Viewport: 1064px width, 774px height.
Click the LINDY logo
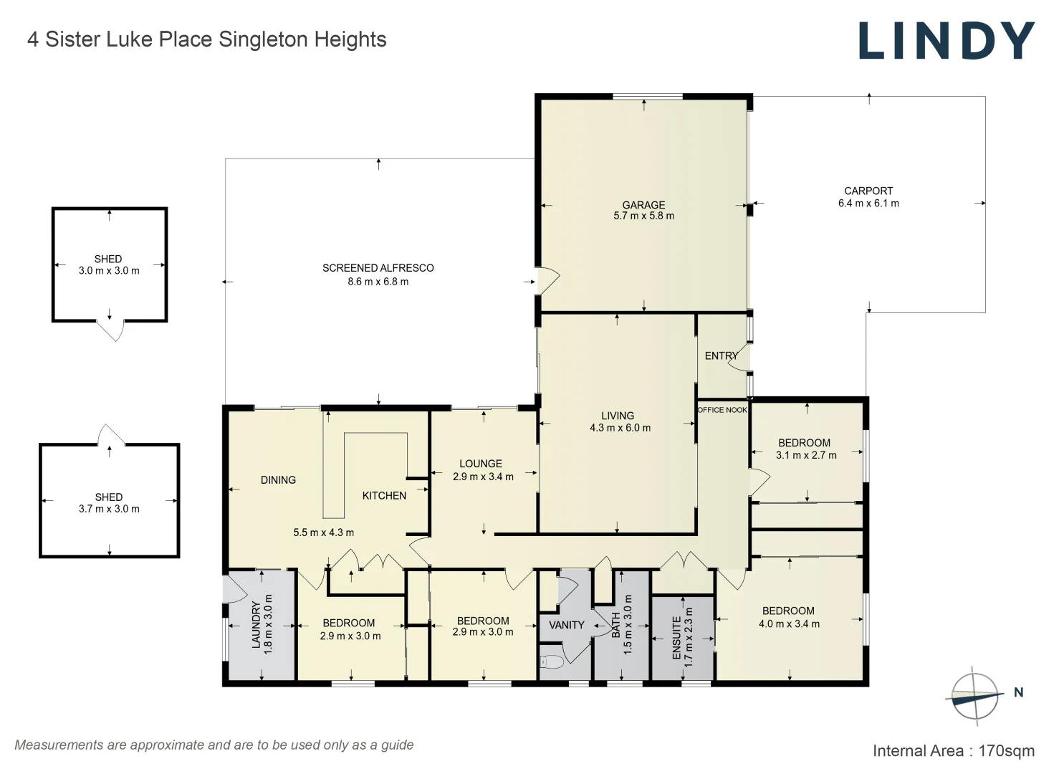946,41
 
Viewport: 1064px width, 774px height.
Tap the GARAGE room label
643,205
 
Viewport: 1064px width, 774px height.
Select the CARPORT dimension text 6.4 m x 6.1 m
868,204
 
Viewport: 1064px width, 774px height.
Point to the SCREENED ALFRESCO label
378,268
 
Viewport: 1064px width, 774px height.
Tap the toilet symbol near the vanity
551,661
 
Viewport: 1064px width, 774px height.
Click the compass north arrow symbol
974,695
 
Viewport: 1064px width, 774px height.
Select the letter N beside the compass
1018,692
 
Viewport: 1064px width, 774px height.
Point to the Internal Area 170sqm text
953,751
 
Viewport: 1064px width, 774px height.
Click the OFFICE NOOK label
722,410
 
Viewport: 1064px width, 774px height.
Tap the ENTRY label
721,355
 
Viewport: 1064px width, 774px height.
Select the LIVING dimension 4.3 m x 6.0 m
620,428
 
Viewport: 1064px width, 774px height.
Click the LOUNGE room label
481,464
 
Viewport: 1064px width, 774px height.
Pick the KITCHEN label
384,495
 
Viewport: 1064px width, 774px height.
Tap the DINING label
278,480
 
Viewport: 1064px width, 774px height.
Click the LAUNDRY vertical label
256,625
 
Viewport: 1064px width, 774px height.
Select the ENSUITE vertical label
676,638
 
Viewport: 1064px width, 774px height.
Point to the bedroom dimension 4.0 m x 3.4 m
789,624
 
